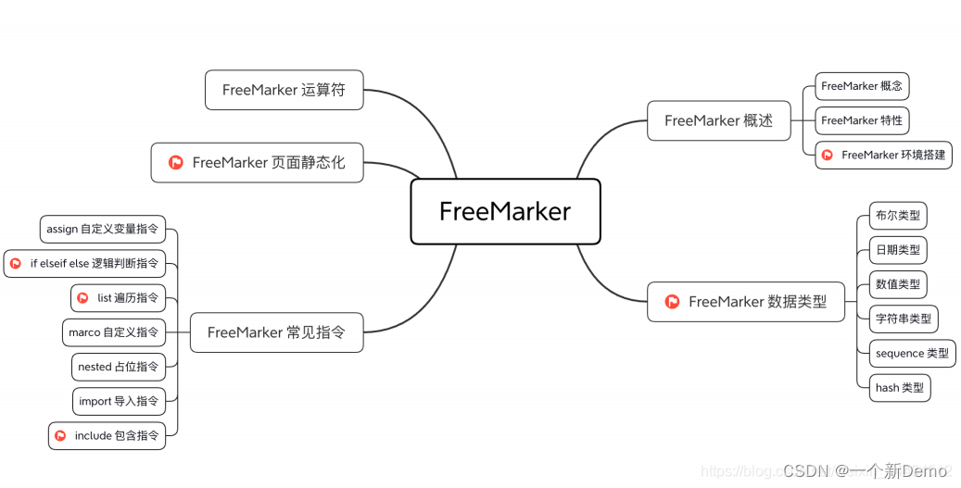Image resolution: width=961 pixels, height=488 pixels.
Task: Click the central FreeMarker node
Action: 505,211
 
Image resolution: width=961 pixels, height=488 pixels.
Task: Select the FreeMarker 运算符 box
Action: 284,90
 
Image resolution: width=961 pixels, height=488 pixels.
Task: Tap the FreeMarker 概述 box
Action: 718,120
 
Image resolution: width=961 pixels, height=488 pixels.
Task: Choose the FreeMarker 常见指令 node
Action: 276,332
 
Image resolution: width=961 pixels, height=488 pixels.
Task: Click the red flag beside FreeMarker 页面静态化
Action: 176,163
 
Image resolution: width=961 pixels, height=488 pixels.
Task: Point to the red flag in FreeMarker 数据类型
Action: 673,302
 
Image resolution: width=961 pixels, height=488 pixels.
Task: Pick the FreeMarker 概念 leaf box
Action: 862,86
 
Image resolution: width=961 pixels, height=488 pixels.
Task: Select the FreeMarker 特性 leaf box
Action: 862,120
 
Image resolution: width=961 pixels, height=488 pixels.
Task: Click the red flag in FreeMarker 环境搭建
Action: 827,155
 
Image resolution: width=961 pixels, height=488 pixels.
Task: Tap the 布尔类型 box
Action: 898,216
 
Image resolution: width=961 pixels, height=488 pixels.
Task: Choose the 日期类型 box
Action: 898,250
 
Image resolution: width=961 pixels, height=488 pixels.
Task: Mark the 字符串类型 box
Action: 904,319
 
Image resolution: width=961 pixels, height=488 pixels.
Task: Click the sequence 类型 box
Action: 912,354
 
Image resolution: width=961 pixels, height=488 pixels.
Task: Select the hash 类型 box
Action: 899,388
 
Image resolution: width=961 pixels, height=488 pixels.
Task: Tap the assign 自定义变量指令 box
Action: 102,229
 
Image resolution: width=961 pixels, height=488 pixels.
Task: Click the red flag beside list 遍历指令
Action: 82,298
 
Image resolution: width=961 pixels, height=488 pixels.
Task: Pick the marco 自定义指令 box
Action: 114,332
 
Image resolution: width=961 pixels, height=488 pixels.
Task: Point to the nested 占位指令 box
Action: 118,367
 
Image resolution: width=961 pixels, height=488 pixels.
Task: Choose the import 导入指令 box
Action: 119,401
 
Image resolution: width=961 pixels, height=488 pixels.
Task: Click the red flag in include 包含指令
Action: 60,435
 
